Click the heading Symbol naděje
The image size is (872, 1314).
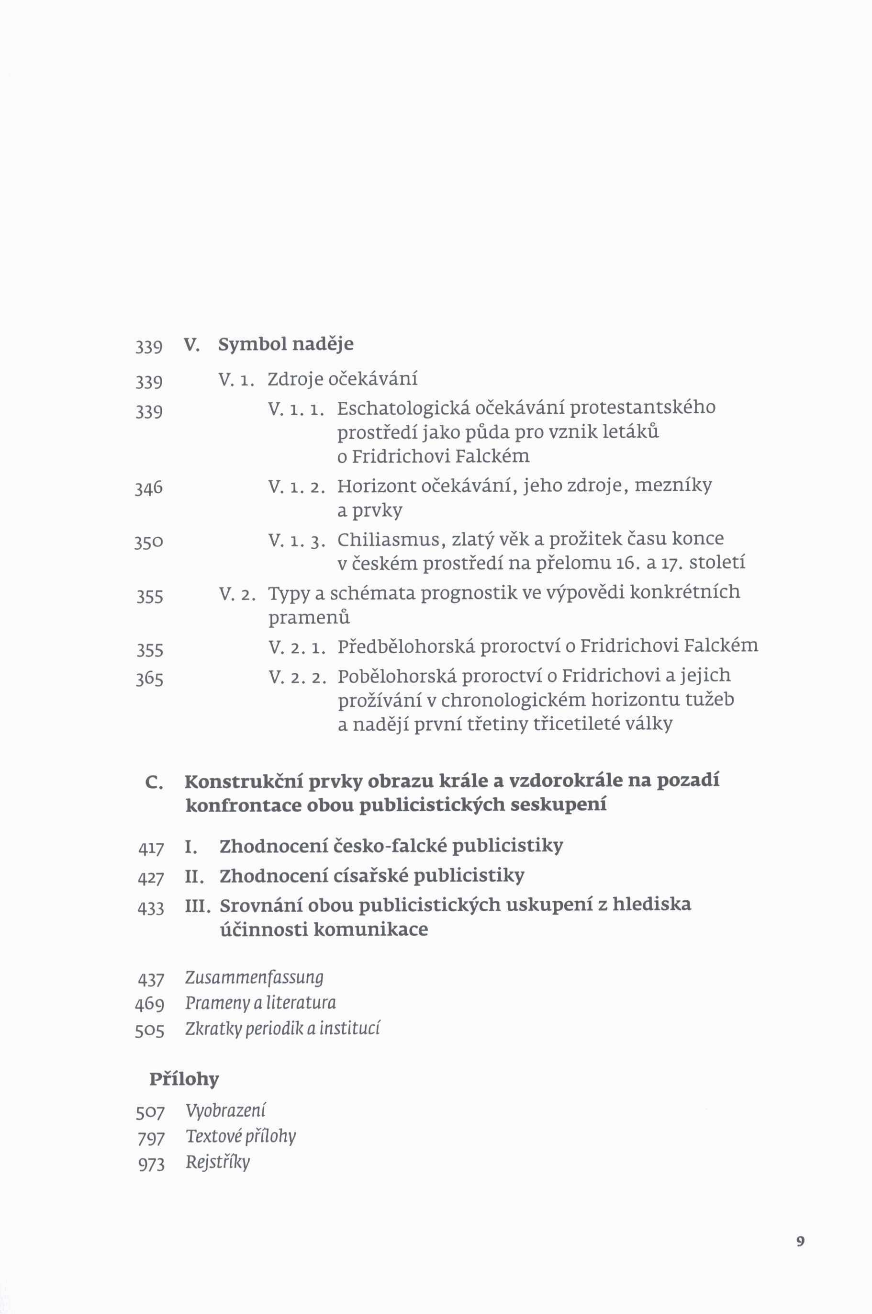coord(285,344)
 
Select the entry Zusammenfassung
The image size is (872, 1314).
coord(254,977)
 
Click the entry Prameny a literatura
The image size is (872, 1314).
coord(260,1002)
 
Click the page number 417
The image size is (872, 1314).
coord(151,849)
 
